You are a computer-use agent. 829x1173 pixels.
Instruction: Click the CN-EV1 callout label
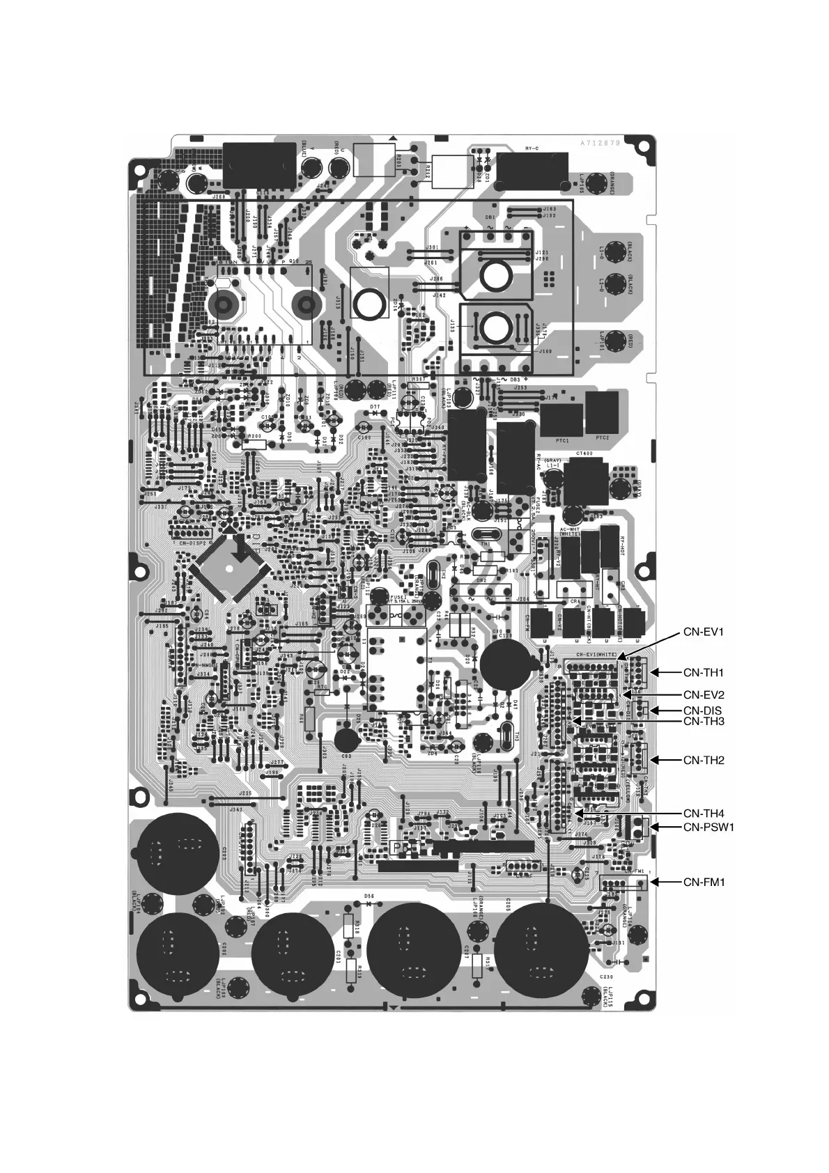[x=704, y=632]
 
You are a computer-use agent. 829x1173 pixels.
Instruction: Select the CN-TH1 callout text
[x=704, y=672]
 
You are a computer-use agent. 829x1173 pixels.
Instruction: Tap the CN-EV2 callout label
[x=704, y=694]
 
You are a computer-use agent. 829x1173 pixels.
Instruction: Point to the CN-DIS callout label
[x=702, y=710]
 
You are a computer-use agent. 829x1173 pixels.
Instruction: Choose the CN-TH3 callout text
[x=704, y=722]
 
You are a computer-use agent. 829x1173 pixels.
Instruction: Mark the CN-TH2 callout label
[x=704, y=760]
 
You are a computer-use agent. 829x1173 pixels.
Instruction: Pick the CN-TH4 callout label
[x=704, y=813]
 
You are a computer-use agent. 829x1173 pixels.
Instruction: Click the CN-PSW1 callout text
[x=709, y=827]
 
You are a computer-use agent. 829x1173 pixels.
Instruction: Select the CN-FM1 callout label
[x=704, y=882]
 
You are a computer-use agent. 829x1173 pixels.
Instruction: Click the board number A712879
[x=601, y=142]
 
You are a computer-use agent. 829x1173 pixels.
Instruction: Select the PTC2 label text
[x=603, y=437]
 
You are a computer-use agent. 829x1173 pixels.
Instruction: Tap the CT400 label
[x=583, y=453]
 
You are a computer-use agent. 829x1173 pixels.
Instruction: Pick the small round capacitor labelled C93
[x=346, y=739]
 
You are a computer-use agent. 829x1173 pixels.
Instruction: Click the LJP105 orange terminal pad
[x=596, y=185]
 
